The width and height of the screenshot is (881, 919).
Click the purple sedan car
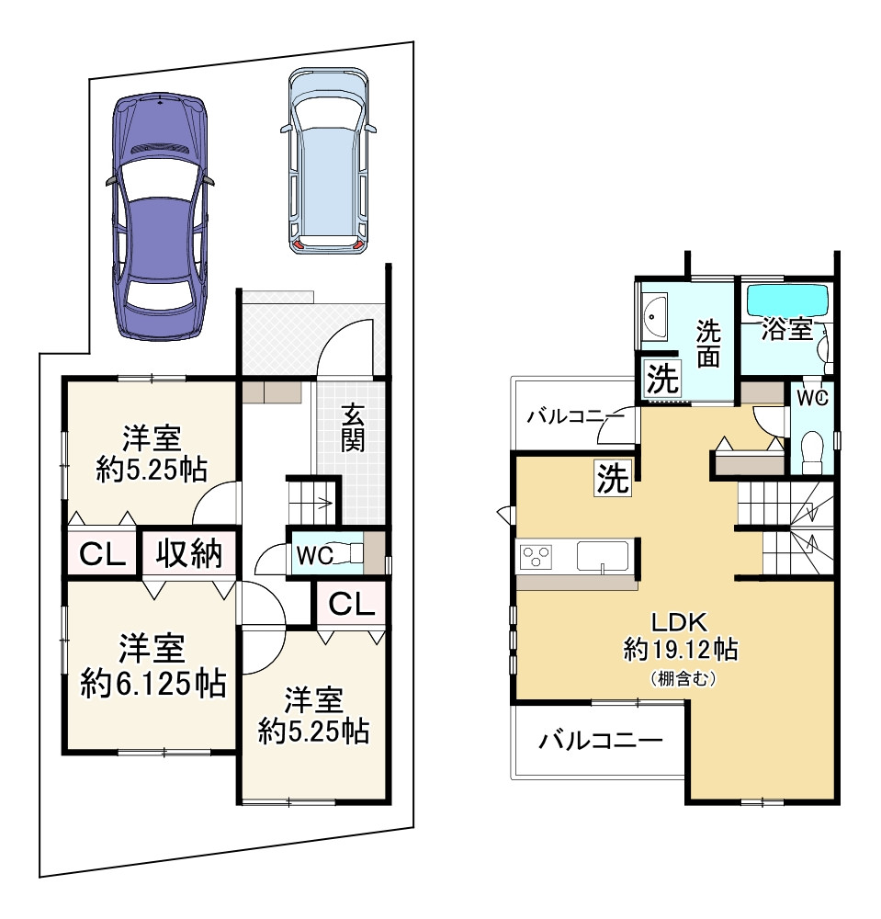pyautogui.click(x=160, y=217)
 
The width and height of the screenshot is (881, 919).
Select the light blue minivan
pyautogui.click(x=329, y=161)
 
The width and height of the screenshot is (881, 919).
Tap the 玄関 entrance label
pyautogui.click(x=353, y=428)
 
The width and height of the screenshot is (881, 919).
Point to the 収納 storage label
pyautogui.click(x=188, y=553)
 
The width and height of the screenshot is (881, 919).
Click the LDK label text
pyautogui.click(x=680, y=622)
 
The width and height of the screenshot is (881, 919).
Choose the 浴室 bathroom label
pyautogui.click(x=786, y=329)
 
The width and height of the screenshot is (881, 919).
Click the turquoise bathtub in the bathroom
pyautogui.click(x=788, y=301)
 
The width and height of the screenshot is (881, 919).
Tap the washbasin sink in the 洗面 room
pyautogui.click(x=654, y=318)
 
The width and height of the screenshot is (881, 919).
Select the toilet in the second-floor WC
pyautogui.click(x=812, y=452)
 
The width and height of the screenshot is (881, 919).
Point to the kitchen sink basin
pyautogui.click(x=603, y=556)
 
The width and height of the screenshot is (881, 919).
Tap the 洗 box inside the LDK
pyautogui.click(x=613, y=478)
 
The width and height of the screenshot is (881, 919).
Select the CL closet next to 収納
pyautogui.click(x=103, y=554)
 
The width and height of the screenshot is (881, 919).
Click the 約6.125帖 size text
pyautogui.click(x=153, y=684)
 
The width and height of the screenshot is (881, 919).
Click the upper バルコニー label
pyautogui.click(x=575, y=416)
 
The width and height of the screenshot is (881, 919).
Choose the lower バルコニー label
pyautogui.click(x=601, y=740)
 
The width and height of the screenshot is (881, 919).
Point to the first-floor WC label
pyautogui.click(x=314, y=556)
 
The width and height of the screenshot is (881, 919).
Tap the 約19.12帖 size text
pyautogui.click(x=680, y=650)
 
